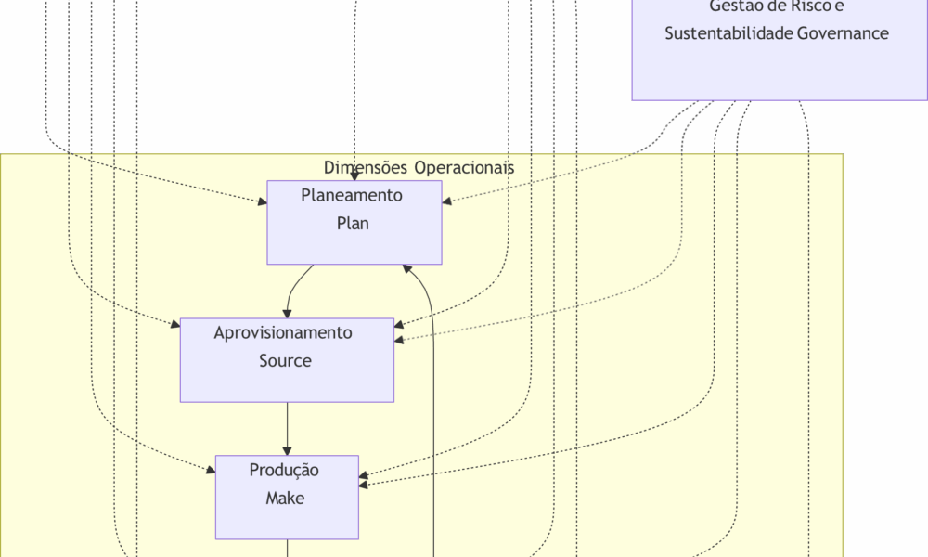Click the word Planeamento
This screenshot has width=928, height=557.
coord(352,196)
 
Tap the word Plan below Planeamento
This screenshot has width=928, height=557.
coord(353,224)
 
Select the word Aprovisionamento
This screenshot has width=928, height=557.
coord(283,333)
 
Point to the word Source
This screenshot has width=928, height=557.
coord(285,361)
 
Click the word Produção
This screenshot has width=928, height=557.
coord(284,471)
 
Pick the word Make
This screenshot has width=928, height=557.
coord(285,499)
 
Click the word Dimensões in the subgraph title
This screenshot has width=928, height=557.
coord(365,168)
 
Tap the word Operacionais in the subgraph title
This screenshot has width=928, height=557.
coord(464,168)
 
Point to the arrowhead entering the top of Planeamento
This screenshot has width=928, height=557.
coord(354,175)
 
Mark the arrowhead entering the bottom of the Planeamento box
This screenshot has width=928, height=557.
coord(406,269)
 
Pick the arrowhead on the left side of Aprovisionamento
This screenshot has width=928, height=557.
coord(174,324)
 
